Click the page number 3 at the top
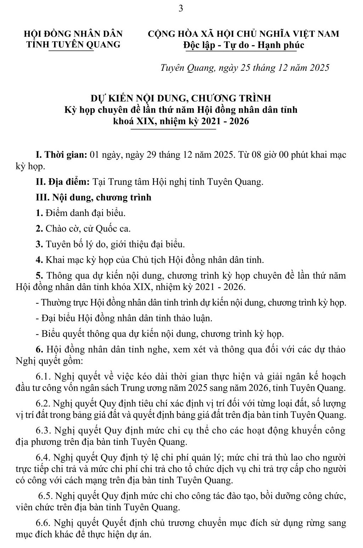click(181, 8)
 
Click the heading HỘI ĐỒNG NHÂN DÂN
click(73, 34)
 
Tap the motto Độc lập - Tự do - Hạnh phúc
click(244, 45)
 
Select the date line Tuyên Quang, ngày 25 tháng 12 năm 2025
click(245, 68)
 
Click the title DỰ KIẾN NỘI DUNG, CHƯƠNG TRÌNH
click(181, 98)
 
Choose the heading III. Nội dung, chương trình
click(94, 197)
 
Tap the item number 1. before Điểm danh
click(39, 213)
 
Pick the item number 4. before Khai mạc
click(39, 260)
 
